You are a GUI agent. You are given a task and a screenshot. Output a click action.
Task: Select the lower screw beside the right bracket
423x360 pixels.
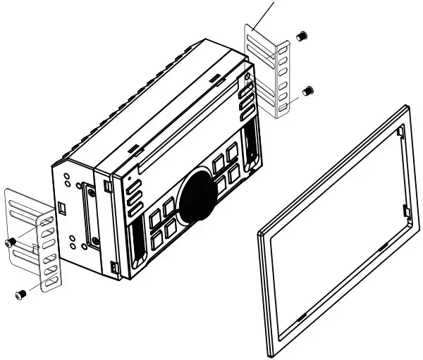pos(307,90)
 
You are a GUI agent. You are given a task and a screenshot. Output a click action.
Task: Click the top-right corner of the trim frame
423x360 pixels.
pos(407,107)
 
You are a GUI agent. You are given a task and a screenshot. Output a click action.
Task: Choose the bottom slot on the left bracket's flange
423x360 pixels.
pos(50,280)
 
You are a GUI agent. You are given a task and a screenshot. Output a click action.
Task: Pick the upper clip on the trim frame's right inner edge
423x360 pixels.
pos(400,132)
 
